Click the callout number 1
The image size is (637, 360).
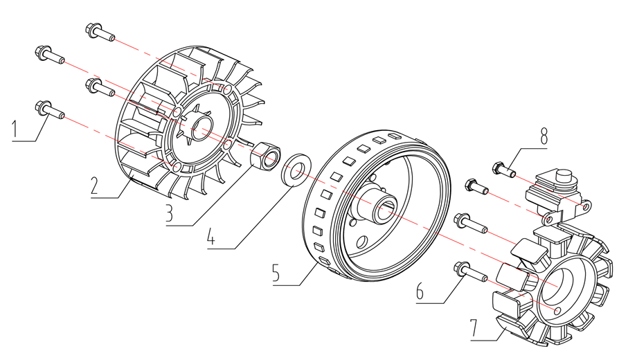tap(15, 129)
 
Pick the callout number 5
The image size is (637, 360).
tap(277, 272)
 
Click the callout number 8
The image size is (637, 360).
tap(544, 136)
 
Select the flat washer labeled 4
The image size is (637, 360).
tap(296, 169)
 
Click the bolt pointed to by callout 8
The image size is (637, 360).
tap(501, 168)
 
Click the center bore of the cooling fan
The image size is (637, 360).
tap(201, 127)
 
